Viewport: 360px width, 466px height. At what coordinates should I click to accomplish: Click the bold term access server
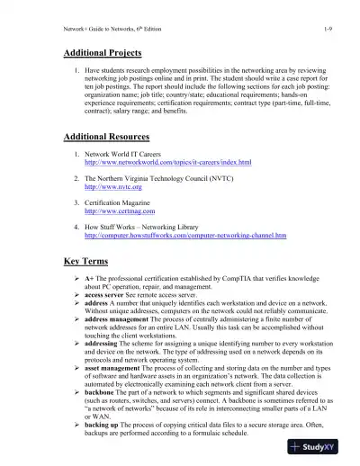[106, 298]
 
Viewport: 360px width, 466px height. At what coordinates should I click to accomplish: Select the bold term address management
[120, 319]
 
